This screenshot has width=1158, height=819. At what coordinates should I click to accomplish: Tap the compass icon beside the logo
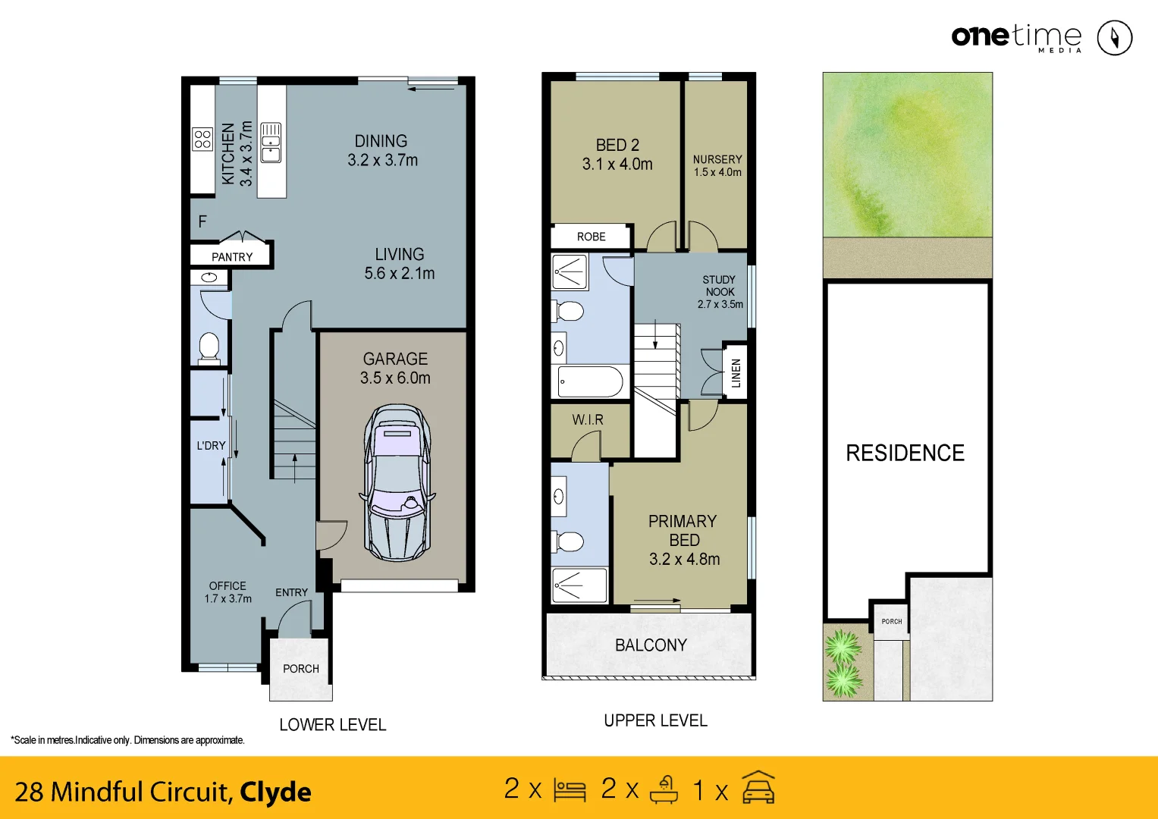(1115, 37)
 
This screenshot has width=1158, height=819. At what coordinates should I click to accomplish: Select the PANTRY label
(232, 257)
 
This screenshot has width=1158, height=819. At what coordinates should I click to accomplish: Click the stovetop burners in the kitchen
(202, 139)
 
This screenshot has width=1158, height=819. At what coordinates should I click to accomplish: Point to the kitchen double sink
(271, 143)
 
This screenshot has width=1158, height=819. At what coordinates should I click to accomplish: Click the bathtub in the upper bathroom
(590, 381)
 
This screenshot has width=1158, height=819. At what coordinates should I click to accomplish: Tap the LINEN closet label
(736, 373)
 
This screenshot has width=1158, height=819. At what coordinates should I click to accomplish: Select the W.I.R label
(588, 419)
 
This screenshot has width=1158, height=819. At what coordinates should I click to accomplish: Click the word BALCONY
(651, 645)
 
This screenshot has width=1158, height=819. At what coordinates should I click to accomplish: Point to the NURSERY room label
(717, 159)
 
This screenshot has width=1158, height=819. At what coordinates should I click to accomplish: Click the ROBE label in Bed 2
(591, 237)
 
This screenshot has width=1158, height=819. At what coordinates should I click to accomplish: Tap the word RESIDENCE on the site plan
(905, 453)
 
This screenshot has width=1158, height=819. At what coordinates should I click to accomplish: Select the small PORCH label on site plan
(892, 621)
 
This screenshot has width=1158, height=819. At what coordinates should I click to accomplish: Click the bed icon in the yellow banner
(570, 790)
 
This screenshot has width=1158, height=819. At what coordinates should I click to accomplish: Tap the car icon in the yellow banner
(758, 788)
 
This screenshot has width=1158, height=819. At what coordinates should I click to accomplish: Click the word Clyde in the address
(275, 792)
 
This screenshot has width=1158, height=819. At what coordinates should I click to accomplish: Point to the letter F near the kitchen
(202, 221)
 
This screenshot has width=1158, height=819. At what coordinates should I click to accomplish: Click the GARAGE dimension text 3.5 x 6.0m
(395, 378)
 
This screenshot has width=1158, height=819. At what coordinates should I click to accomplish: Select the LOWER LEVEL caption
(333, 725)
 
